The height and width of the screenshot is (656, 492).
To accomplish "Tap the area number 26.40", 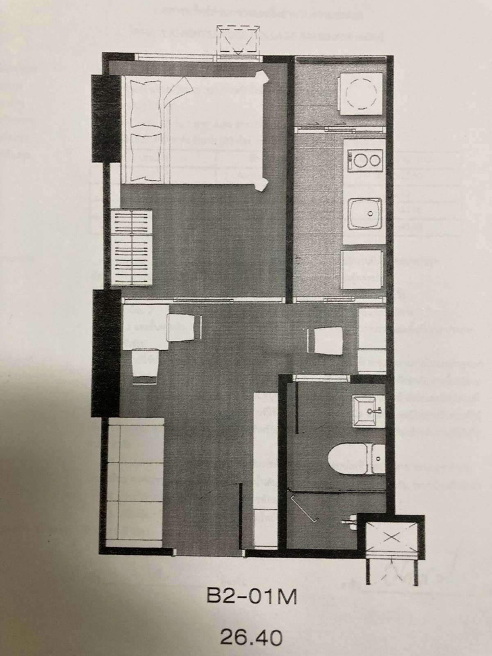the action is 251,628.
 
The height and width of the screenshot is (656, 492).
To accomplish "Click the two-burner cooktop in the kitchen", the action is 364,160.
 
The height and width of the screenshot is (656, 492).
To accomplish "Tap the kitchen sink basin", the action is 366,213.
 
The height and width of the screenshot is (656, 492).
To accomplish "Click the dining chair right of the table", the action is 184,327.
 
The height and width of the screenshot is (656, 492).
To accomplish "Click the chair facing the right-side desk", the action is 325,341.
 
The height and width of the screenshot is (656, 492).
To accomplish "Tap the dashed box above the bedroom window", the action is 238,41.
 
